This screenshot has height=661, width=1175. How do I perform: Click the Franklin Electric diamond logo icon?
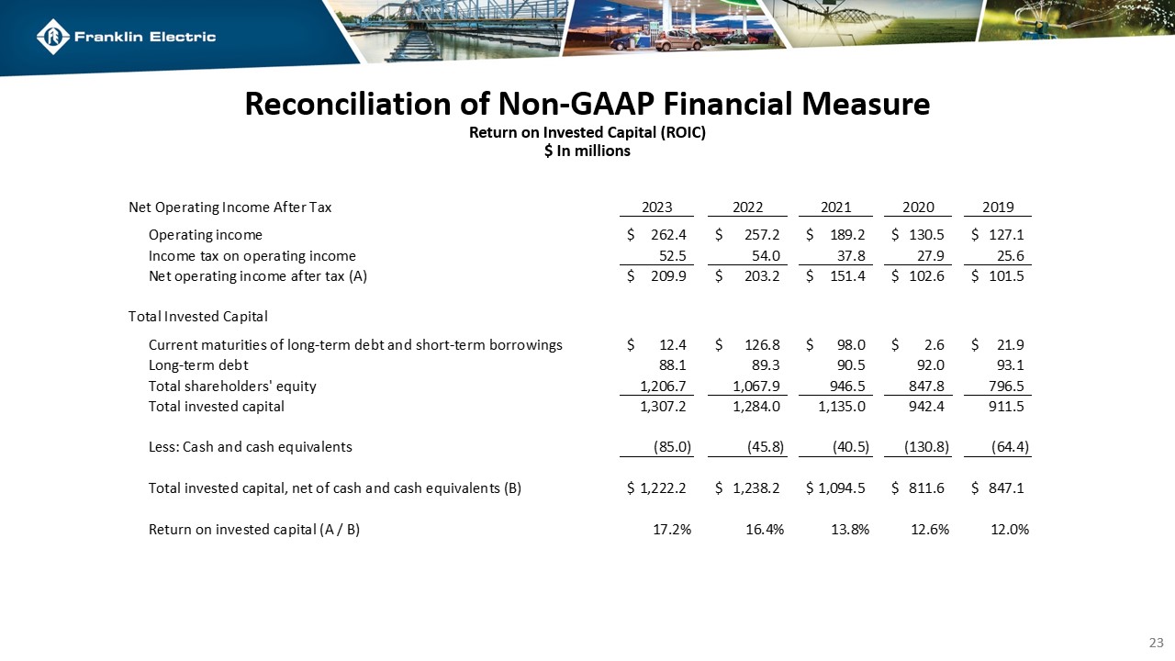53,37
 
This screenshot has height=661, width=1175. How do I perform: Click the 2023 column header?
656,207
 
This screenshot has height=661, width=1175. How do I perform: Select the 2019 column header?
998,207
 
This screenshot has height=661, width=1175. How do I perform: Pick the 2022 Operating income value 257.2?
763,234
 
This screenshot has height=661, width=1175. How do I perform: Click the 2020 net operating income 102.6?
930,275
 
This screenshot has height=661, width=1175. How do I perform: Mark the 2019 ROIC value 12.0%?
1010,529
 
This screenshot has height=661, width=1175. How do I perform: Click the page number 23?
1157,642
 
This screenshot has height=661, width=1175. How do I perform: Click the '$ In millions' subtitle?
587,151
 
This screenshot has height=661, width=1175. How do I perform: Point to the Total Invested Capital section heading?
197,317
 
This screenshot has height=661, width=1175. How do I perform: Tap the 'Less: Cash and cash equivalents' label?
250,447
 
